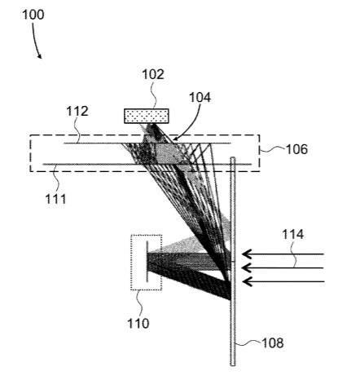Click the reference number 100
[33, 15]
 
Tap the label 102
[153, 74]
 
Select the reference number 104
[200, 97]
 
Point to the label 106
[296, 149]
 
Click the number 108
[273, 343]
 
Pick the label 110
[138, 324]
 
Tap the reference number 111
[55, 199]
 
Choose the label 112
[77, 112]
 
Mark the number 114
[292, 234]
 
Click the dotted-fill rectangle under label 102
[147, 116]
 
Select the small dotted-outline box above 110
[147, 263]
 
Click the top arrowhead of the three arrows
[246, 254]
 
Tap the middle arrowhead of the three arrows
[246, 268]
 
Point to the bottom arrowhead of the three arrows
[246, 281]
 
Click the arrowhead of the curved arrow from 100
[40, 56]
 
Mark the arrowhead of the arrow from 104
[175, 139]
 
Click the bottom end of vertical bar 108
[233, 365]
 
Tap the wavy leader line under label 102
[154, 95]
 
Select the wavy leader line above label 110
[140, 304]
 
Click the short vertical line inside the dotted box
[147, 262]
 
